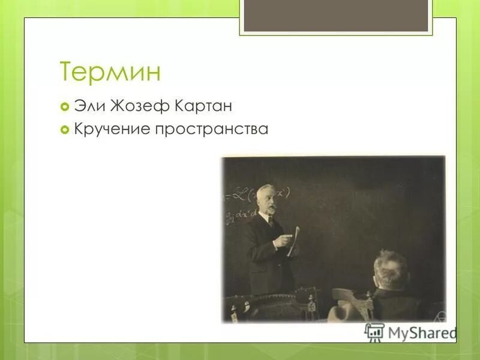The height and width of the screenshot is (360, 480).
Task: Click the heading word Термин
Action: (110, 72)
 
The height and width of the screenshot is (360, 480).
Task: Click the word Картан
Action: (204, 107)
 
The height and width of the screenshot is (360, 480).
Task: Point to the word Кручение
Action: (112, 128)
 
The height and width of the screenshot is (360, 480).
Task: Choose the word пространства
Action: (212, 129)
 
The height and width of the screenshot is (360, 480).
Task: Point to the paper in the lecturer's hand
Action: (293, 241)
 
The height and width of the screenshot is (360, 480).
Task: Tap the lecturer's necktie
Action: (271, 223)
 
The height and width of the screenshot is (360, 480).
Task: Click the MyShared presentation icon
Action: (374, 332)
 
